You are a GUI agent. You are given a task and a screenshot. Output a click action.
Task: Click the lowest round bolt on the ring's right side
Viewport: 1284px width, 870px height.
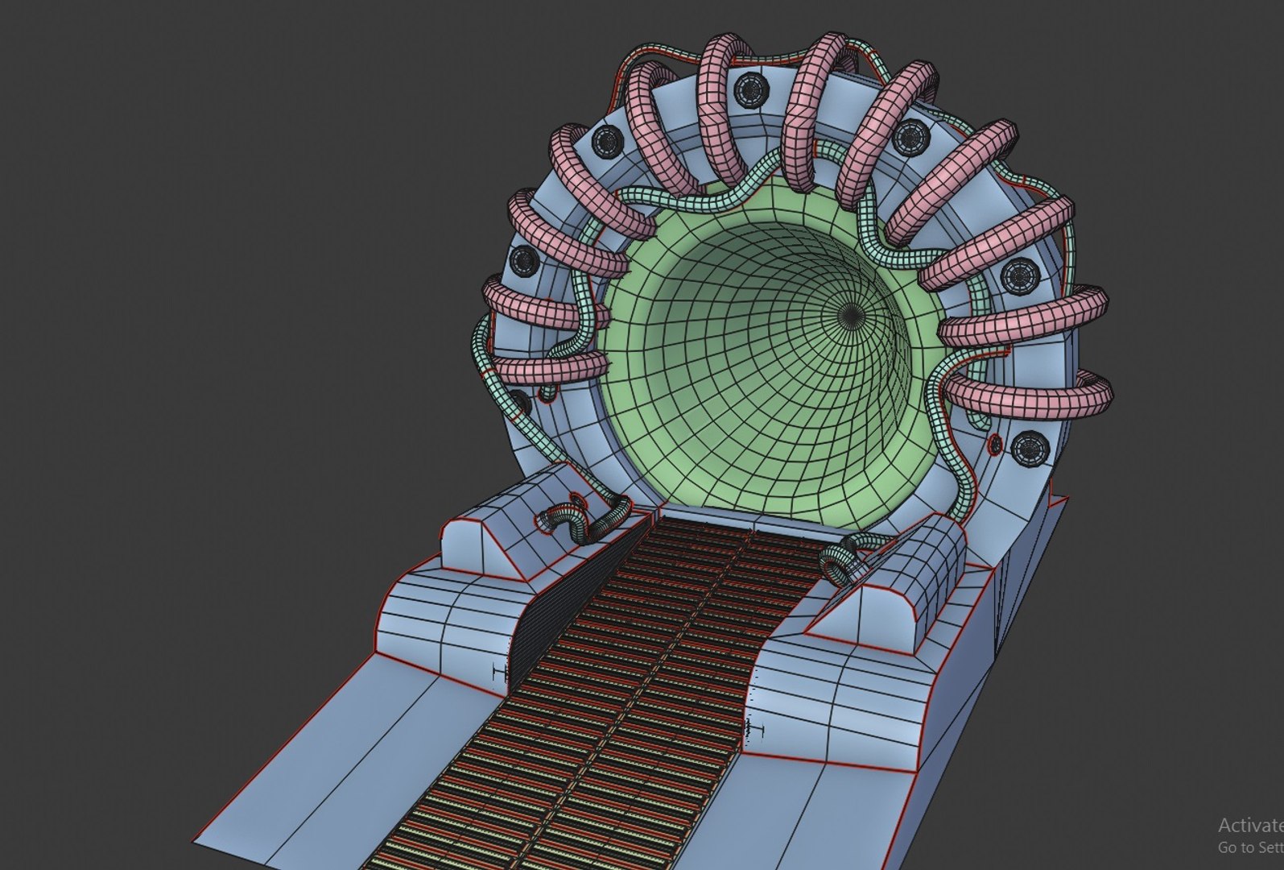[x=1028, y=448]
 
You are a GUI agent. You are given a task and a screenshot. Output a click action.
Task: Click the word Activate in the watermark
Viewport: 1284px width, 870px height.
[x=1249, y=825]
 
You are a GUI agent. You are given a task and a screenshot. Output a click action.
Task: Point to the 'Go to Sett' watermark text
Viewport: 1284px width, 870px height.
[x=1249, y=847]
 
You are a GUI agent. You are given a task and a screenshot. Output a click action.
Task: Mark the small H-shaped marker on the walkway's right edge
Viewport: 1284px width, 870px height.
[x=754, y=730]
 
